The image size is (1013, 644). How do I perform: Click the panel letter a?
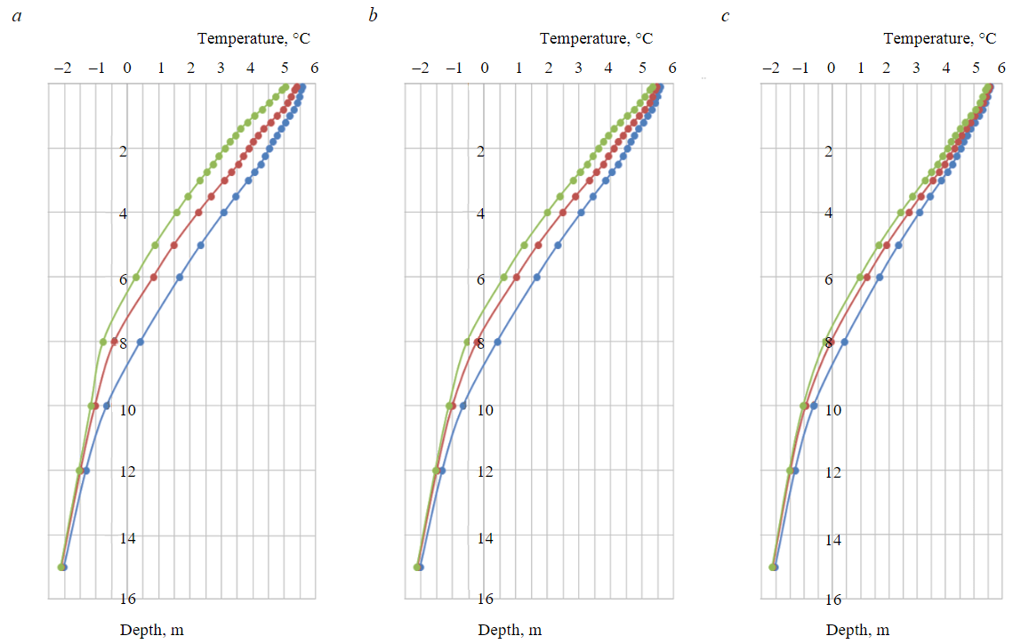click(16, 16)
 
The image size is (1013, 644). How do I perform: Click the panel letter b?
click(373, 16)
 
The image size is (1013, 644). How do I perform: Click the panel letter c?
click(725, 16)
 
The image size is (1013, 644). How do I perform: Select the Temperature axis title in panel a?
click(253, 38)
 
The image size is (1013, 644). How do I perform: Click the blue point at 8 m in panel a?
click(140, 342)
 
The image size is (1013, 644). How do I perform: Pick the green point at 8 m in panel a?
click(103, 342)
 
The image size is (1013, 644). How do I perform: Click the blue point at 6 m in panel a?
click(180, 278)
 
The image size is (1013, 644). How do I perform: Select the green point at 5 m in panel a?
click(155, 245)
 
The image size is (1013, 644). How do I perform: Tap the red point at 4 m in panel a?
click(198, 213)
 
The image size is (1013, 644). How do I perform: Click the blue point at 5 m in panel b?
click(558, 245)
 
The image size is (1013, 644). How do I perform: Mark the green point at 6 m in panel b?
click(503, 278)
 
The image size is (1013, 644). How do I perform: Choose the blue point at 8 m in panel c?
click(845, 342)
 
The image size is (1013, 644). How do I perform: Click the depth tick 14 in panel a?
click(132, 537)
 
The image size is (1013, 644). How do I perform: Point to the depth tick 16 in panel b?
click(486, 600)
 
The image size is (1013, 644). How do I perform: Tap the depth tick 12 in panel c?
click(833, 471)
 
